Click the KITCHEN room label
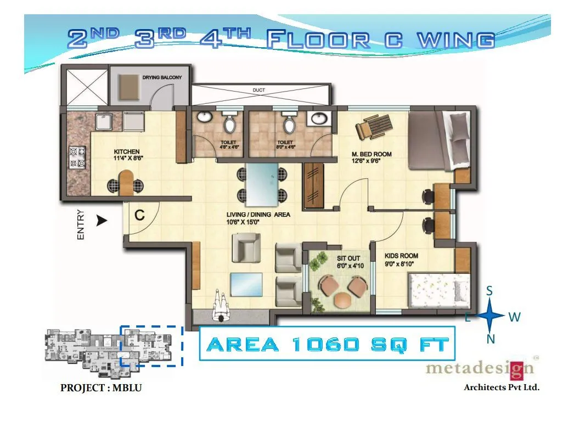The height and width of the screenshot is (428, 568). point(126,151)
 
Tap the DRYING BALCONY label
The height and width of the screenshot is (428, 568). point(162,78)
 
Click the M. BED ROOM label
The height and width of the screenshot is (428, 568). point(372,154)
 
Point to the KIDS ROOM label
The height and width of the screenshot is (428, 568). point(401,256)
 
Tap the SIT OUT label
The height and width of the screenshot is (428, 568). point(348,258)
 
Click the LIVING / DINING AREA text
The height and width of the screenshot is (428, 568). point(258,215)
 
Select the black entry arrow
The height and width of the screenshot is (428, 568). point(101,221)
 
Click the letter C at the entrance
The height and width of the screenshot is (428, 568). point(140,216)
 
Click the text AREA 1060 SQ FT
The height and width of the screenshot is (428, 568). point(328,345)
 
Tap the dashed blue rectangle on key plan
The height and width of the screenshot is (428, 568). point(151,346)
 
